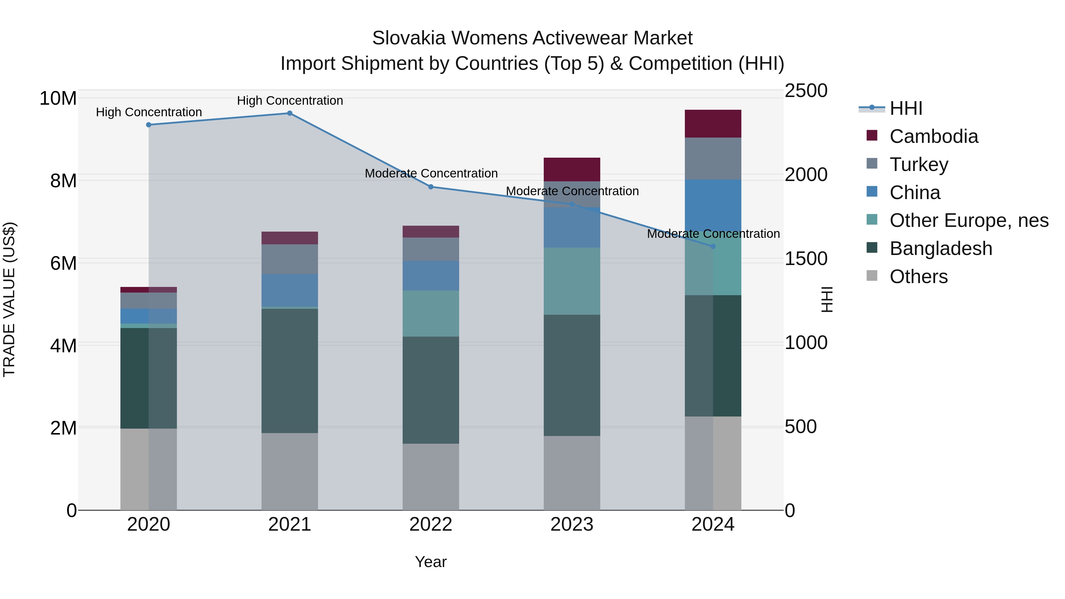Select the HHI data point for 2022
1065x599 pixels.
[431, 187]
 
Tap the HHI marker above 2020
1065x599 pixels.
[149, 125]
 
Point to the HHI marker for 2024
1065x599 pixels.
[713, 247]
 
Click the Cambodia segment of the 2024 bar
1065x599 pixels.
[713, 124]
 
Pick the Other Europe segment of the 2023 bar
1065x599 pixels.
[572, 281]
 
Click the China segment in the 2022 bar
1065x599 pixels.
[431, 276]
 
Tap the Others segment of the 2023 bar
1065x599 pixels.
[572, 473]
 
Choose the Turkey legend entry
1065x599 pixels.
[919, 164]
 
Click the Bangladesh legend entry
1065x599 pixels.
[940, 249]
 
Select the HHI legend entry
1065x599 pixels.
[906, 108]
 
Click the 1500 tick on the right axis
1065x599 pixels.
[806, 259]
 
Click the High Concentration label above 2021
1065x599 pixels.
[290, 101]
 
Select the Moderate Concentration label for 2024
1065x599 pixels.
[713, 234]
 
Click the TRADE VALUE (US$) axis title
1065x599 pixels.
[9, 299]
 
